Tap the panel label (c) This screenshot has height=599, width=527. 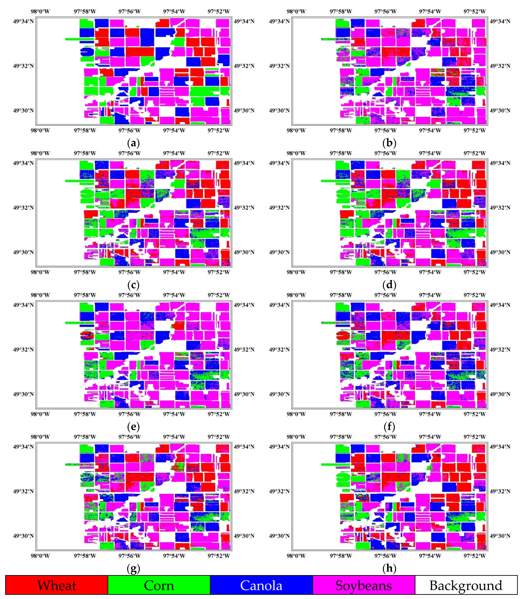pyautogui.click(x=133, y=285)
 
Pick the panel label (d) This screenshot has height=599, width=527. pyautogui.click(x=389, y=285)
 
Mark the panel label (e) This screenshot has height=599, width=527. pyautogui.click(x=133, y=426)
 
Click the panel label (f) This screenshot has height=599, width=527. pyautogui.click(x=389, y=426)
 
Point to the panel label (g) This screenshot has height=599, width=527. pyautogui.click(x=133, y=568)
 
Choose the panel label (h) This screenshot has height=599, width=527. pyautogui.click(x=389, y=568)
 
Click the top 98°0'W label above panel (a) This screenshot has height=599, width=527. pyautogui.click(x=40, y=12)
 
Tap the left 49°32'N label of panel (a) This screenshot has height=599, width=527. pyautogui.click(x=23, y=66)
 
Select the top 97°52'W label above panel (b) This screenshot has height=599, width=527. pyautogui.click(x=474, y=12)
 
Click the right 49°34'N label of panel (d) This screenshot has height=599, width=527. pyautogui.click(x=500, y=163)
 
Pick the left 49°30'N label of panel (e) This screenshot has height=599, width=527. pyautogui.click(x=23, y=394)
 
